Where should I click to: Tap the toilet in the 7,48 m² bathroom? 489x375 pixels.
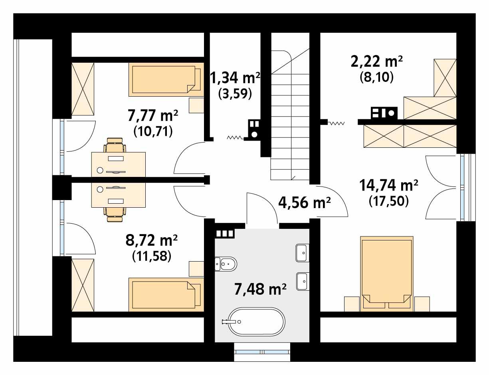tap(226, 263)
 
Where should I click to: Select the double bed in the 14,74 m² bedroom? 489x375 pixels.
tap(386, 273)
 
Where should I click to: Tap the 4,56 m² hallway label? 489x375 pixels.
tap(304, 203)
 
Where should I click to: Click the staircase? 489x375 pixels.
tap(290, 120)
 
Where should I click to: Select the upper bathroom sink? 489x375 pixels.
tap(302, 253)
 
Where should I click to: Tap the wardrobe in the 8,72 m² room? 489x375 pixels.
tap(83, 284)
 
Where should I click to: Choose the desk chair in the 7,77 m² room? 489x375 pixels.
tap(115, 145)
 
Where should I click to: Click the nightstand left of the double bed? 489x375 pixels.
tap(352, 304)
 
